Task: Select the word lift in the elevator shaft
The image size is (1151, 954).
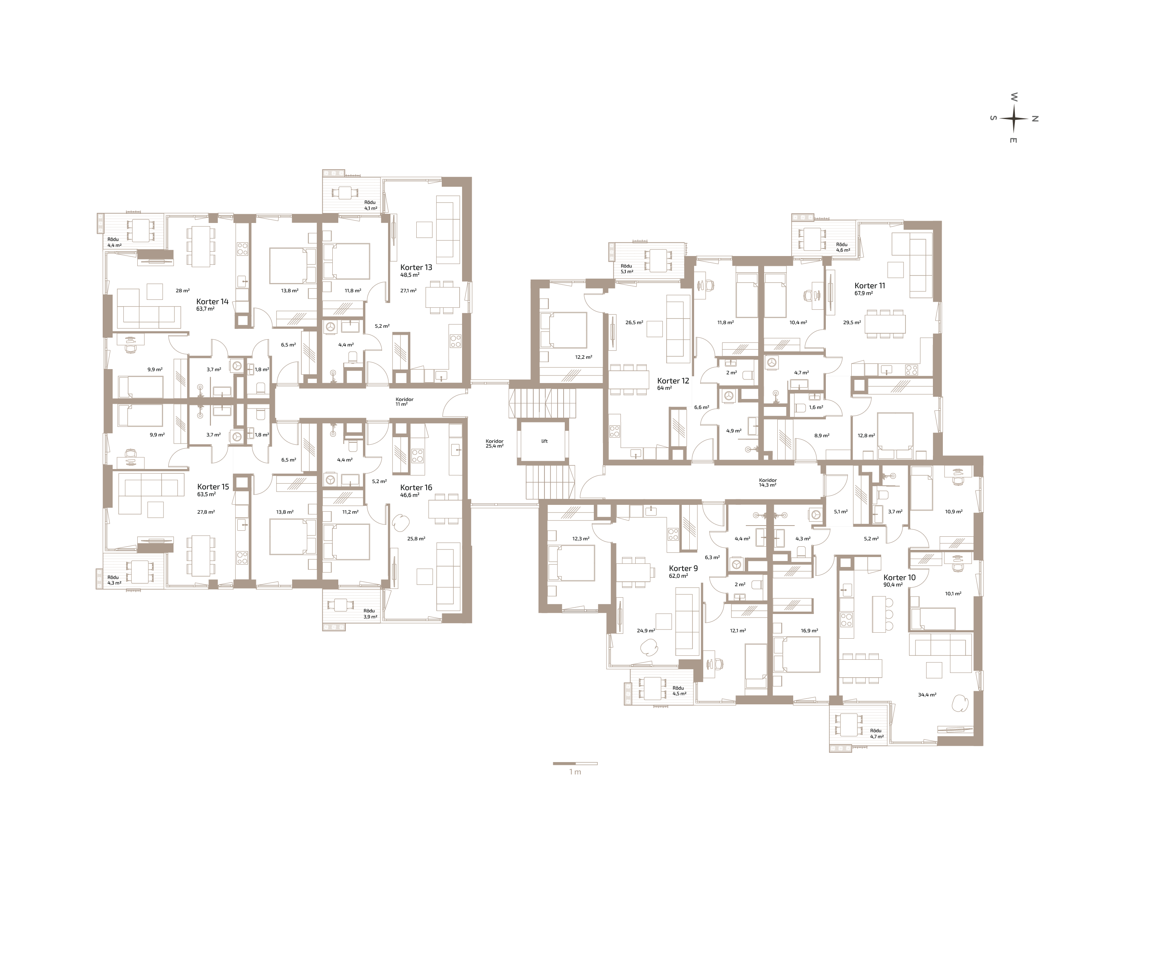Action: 544,441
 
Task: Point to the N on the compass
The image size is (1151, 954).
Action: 1035,118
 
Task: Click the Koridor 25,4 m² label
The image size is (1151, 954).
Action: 494,444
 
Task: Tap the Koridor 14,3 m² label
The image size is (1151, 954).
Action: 768,483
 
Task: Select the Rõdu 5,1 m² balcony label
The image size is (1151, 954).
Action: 626,269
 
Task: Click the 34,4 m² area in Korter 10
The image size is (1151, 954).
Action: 927,695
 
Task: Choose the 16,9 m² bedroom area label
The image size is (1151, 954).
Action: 809,631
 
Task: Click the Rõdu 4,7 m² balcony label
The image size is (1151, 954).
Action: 876,733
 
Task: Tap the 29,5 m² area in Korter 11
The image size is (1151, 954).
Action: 852,323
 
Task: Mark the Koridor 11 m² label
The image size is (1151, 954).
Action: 404,402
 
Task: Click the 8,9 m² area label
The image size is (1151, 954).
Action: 821,435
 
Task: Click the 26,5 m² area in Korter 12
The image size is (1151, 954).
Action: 634,323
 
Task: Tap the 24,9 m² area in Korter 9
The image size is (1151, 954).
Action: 646,631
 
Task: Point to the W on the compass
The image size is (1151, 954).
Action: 1014,97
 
